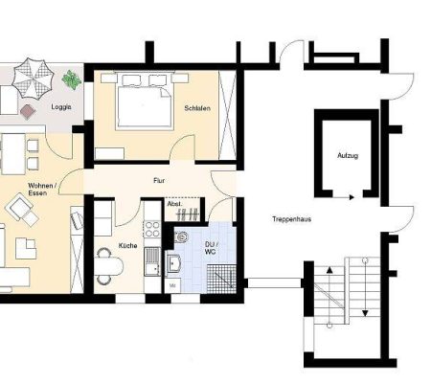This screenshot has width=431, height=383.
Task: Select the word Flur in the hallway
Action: pos(159,180)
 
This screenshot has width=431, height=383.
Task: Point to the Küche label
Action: pos(127,246)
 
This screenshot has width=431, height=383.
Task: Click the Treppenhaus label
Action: pos(287,219)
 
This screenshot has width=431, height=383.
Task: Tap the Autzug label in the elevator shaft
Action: pos(348,154)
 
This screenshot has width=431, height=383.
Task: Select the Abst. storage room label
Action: pos(175,204)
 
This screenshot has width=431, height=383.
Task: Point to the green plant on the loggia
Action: pos(71,79)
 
